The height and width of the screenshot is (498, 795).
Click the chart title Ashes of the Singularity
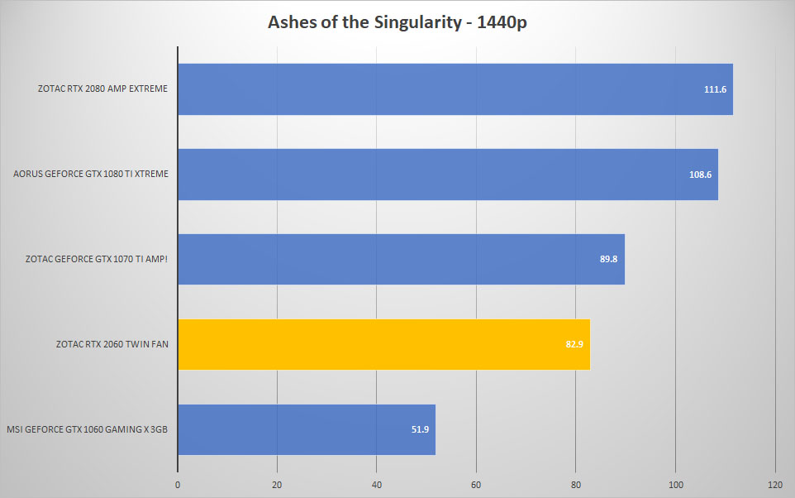[x=365, y=22]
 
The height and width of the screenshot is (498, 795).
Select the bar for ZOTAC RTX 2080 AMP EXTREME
[x=455, y=89]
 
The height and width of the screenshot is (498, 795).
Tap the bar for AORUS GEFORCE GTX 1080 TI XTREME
[x=448, y=175]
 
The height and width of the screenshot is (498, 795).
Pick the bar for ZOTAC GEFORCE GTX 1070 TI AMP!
[x=401, y=260]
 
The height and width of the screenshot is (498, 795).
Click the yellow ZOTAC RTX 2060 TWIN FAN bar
[x=383, y=345]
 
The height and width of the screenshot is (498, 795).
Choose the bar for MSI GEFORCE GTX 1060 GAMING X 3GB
[x=307, y=429]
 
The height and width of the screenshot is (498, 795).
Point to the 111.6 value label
[x=715, y=89]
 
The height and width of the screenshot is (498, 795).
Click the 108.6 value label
[x=700, y=175]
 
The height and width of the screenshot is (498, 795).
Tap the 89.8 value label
[x=608, y=259]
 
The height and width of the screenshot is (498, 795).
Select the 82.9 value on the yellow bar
[x=574, y=344]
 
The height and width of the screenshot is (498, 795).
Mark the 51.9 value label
[x=420, y=429]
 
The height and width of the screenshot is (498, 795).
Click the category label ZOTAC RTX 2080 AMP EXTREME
[x=102, y=89]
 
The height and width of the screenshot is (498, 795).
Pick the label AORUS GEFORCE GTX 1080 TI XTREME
[x=91, y=174]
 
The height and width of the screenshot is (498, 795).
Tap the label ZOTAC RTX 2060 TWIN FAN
[x=112, y=344]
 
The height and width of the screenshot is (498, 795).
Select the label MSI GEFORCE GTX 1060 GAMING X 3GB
[x=88, y=429]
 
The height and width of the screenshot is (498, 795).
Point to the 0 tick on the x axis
[x=178, y=485]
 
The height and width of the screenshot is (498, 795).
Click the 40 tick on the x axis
[x=376, y=485]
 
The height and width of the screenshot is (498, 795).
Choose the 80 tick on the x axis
[x=575, y=485]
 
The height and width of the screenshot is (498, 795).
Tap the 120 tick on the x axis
[x=774, y=485]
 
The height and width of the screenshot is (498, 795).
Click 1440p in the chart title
[x=502, y=23]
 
